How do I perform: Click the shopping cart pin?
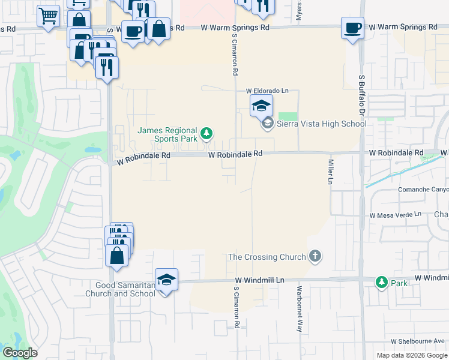[48, 16]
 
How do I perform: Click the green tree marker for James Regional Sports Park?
[206, 133]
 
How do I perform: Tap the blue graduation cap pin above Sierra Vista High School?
[261, 106]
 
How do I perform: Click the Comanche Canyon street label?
[423, 190]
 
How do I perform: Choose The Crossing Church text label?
[267, 257]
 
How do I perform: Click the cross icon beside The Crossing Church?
[315, 257]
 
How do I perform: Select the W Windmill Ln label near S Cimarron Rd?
[259, 280]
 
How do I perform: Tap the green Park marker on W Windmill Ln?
[381, 281]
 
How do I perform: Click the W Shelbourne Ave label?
[418, 341]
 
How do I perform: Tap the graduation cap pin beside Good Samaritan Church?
[167, 280]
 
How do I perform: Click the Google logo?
[20, 353]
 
